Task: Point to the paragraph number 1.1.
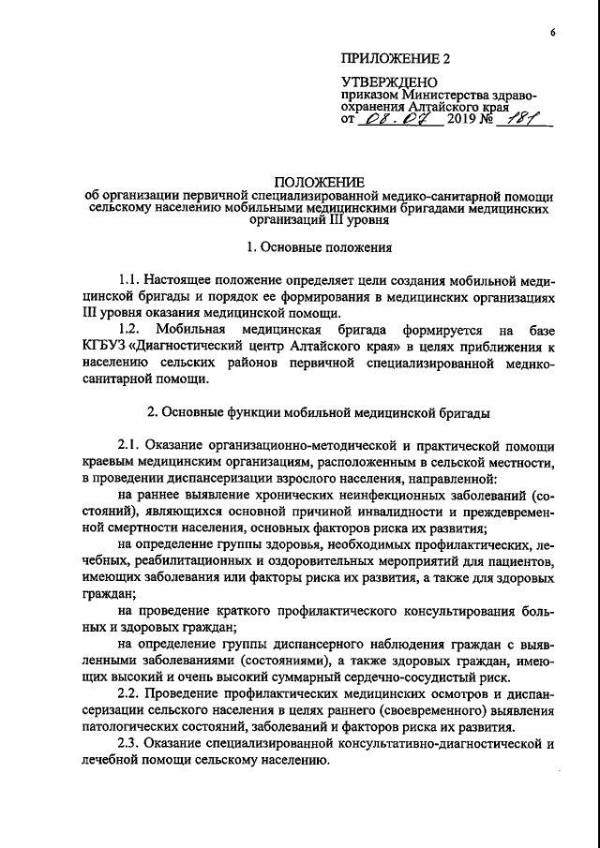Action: pos(131,280)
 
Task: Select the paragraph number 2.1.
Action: pos(131,446)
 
